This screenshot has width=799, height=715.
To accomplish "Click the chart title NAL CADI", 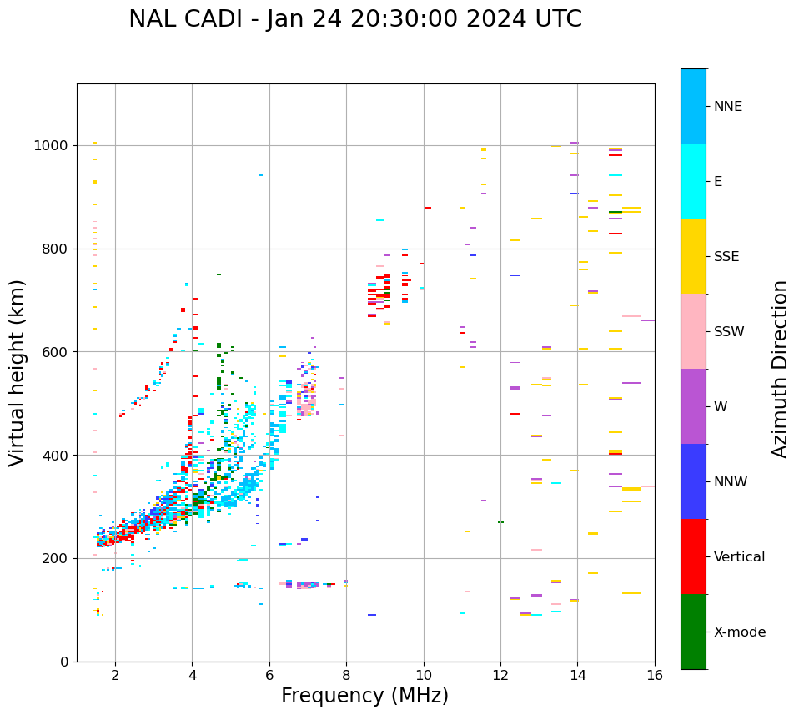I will tap(355, 19).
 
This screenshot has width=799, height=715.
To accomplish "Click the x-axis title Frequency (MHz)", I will tap(364, 696).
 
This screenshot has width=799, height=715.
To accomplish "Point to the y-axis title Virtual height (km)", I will tap(18, 373).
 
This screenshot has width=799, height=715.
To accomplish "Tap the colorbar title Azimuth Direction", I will tap(780, 369).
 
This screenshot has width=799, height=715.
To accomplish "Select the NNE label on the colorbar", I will tap(728, 107).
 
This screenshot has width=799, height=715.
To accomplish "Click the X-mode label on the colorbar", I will tap(740, 632).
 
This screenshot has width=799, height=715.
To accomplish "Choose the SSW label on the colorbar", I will tap(729, 332).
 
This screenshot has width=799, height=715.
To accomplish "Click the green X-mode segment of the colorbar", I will tap(693, 632).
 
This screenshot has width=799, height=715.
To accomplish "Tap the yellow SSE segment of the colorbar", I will tap(693, 256).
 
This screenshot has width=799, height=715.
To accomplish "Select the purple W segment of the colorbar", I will tap(693, 406).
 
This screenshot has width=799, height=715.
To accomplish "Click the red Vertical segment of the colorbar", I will tap(693, 556).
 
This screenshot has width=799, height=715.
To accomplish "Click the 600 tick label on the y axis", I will tap(58, 352).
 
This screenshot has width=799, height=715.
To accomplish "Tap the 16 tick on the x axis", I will tap(655, 675).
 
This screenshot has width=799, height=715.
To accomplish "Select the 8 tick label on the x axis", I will tap(346, 675).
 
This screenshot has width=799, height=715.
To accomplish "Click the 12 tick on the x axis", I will tap(500, 675).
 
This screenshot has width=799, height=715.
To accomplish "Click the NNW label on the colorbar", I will tap(731, 482).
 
